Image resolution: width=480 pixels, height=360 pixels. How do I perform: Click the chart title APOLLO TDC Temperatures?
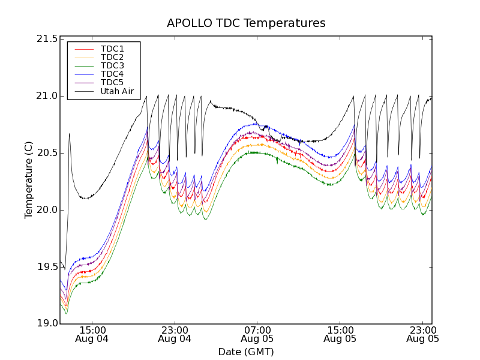(x=246, y=23)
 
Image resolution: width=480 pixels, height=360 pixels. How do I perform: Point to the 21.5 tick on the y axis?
(x=47, y=39)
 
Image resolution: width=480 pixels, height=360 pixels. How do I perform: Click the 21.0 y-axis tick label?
(x=47, y=96)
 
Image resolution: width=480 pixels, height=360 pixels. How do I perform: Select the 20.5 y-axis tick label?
(x=47, y=153)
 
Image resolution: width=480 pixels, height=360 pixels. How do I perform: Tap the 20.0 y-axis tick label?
(x=47, y=210)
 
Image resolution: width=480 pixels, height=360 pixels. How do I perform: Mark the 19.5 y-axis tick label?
(x=47, y=267)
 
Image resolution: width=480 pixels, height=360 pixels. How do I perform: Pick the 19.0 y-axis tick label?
(x=47, y=324)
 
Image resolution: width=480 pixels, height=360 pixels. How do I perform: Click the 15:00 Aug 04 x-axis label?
(x=92, y=334)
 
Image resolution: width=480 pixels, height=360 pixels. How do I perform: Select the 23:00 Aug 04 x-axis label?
(x=175, y=334)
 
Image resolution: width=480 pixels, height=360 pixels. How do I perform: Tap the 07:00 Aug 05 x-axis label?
(x=257, y=334)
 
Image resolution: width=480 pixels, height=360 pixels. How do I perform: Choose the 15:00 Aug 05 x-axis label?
(x=340, y=334)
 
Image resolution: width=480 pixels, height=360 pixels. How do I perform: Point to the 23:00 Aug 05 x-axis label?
(x=422, y=334)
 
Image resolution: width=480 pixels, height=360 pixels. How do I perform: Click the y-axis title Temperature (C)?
(x=29, y=180)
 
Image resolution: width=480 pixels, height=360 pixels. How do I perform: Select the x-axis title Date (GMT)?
(x=246, y=352)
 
